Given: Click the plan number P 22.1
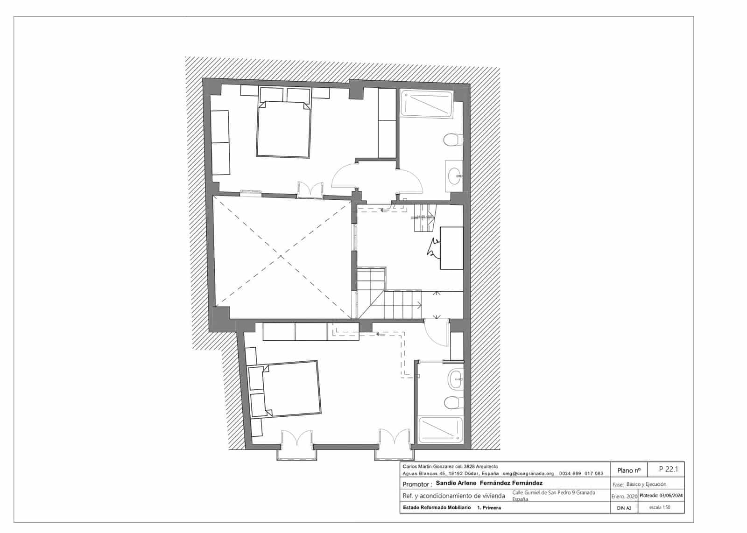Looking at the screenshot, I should (x=668, y=469).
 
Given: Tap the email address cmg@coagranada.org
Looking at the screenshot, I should (x=528, y=473).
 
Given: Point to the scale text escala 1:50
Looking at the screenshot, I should (x=660, y=507).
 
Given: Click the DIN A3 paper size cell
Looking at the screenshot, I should (x=624, y=508).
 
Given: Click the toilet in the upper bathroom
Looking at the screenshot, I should (x=452, y=139).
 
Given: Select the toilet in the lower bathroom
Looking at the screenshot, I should (x=453, y=402).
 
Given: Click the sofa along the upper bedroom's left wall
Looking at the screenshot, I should (x=221, y=142).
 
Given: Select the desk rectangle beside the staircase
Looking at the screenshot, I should (x=451, y=248).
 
